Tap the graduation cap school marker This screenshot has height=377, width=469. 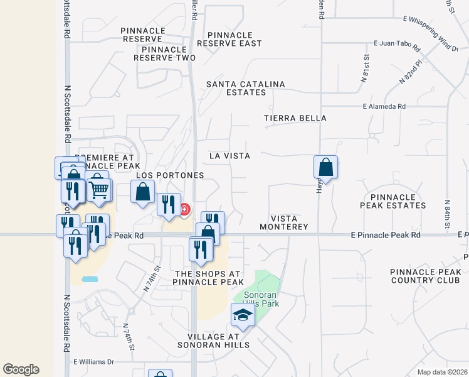243,315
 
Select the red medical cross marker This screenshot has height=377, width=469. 184,209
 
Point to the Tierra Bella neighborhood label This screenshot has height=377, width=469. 295,118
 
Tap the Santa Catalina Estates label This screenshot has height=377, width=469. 246,88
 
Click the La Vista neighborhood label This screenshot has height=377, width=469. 229,156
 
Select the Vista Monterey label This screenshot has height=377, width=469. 288,222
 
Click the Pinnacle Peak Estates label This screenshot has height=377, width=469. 393,201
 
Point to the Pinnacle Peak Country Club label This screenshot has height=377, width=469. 426,276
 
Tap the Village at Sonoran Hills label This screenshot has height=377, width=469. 213,340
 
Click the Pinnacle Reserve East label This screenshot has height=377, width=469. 229,39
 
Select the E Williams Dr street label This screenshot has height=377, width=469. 94,362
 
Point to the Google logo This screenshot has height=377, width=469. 21,369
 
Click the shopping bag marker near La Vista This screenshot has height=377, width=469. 325,167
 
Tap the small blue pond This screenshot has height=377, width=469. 90,278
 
